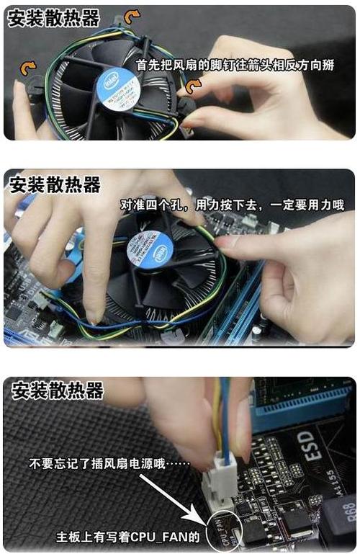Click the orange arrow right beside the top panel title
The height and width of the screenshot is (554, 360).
coord(131,16)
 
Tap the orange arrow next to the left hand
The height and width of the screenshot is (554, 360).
coord(28,68)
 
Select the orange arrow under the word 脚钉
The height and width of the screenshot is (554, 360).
coord(194,87)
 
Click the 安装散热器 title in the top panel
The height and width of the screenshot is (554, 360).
coord(54,18)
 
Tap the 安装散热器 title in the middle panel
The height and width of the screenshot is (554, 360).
coord(54,184)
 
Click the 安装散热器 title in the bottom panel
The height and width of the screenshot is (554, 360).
coord(58,390)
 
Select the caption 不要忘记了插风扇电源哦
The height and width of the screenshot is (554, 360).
coord(109,464)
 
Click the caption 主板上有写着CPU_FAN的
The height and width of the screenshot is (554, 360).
coord(130,537)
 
